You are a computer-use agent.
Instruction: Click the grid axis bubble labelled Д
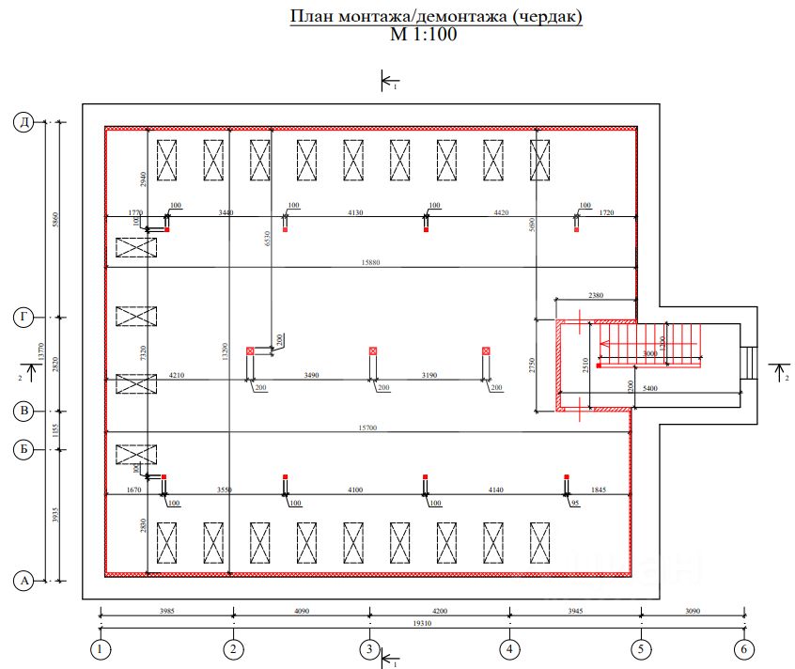click(x=23, y=121)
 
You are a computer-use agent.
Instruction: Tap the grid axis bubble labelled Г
click(x=23, y=318)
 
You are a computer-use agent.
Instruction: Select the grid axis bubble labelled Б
click(x=23, y=449)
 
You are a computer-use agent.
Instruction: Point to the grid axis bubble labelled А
click(x=23, y=582)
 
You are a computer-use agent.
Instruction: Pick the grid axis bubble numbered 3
click(x=370, y=648)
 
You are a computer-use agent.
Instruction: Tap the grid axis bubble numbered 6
click(x=744, y=648)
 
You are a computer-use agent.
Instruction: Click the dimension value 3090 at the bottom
click(x=693, y=611)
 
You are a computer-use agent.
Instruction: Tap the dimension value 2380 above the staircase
click(x=596, y=295)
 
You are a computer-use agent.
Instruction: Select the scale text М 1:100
click(x=423, y=36)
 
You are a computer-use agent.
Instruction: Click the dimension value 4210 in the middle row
click(x=177, y=376)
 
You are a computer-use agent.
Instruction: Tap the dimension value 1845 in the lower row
click(x=599, y=490)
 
